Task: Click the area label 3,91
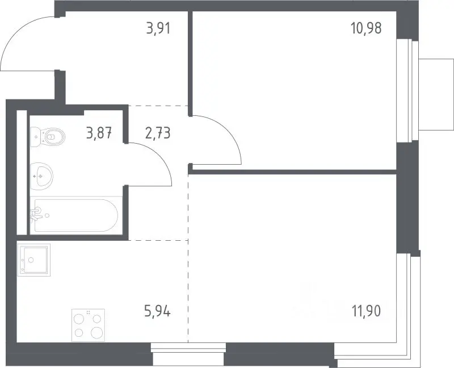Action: (x=158, y=28)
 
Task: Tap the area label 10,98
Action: (x=366, y=28)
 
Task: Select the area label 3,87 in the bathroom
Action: (x=99, y=133)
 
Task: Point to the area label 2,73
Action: (x=158, y=133)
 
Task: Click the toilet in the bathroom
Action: (x=48, y=136)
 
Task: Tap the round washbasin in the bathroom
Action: (x=41, y=176)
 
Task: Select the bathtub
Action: (x=76, y=215)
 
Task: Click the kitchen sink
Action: (x=34, y=260)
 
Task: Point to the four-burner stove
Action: (x=89, y=325)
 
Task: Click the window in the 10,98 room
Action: (x=407, y=91)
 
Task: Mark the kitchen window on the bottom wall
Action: (x=188, y=354)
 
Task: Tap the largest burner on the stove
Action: (x=97, y=333)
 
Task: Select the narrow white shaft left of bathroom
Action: (x=22, y=173)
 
